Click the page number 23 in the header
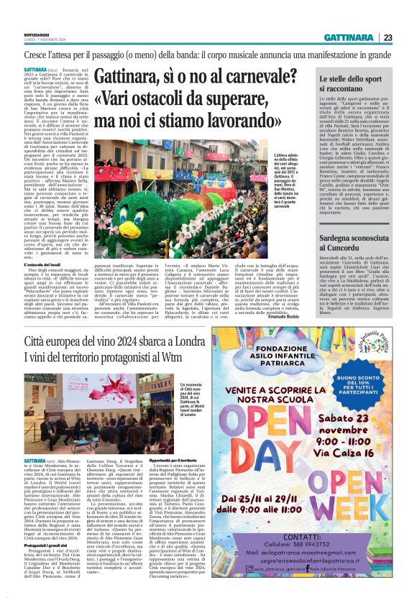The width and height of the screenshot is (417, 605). click(407, 37)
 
